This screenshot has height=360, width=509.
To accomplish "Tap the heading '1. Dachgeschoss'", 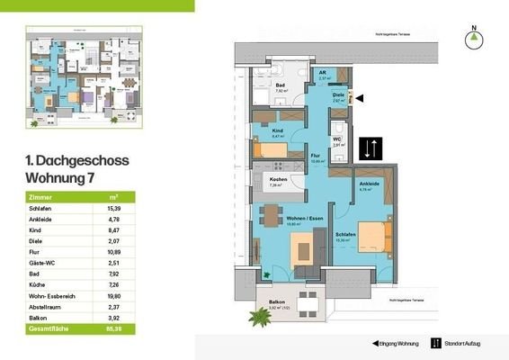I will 77,161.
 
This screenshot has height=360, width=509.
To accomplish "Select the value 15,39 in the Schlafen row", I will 113,208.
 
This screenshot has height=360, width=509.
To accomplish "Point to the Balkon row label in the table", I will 40,318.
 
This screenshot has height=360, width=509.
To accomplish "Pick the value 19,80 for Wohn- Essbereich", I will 113,293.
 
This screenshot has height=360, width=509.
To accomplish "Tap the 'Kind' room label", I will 277,131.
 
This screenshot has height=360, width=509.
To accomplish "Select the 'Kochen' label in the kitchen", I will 279,180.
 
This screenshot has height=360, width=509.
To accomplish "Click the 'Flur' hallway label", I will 316,155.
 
